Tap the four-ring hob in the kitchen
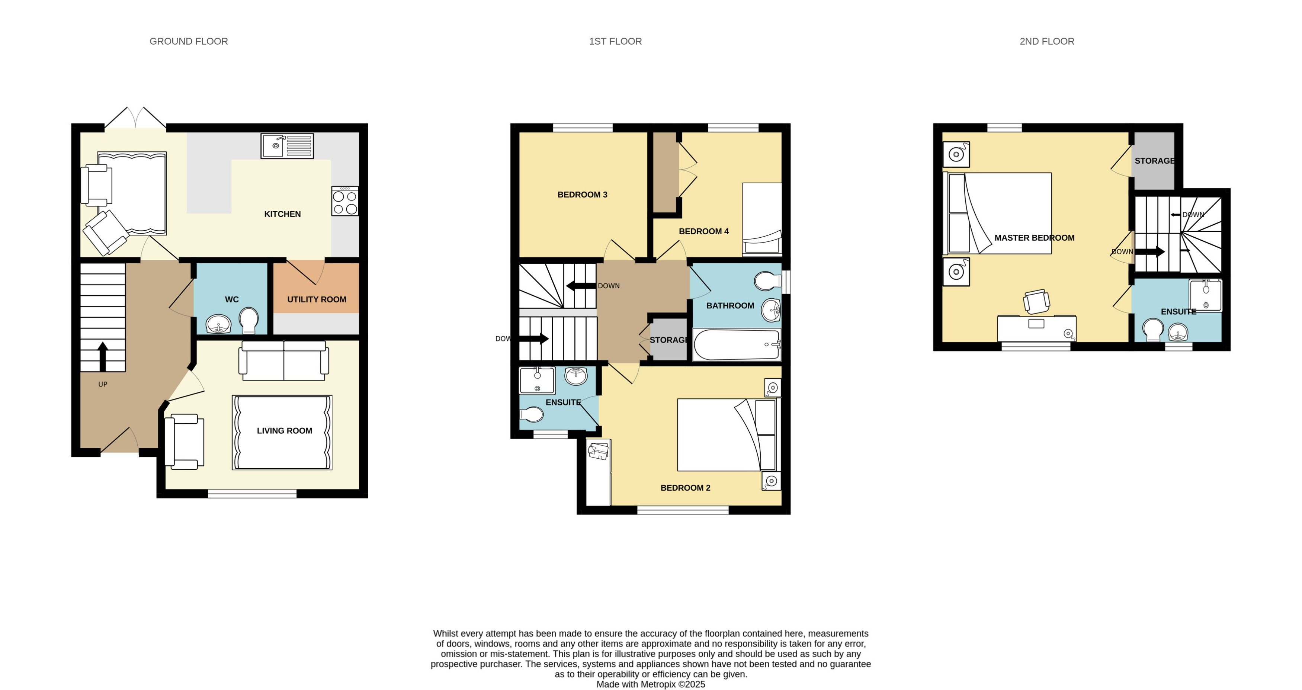[x=345, y=202]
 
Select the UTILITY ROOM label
[x=317, y=299]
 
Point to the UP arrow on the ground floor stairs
[x=103, y=356]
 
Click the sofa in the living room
[x=283, y=361]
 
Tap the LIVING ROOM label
[x=284, y=431]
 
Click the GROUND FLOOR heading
[x=189, y=41]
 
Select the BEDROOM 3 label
[x=582, y=195]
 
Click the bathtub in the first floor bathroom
[x=737, y=345]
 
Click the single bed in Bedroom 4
[x=762, y=218]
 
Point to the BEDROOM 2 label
[x=685, y=488]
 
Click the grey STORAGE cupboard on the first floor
[x=668, y=340]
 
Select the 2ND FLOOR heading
[x=1047, y=41]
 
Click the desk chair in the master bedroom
[x=1036, y=302]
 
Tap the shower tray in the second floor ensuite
[x=1205, y=295]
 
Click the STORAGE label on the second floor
[x=1154, y=161]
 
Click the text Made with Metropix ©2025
[x=651, y=684]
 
